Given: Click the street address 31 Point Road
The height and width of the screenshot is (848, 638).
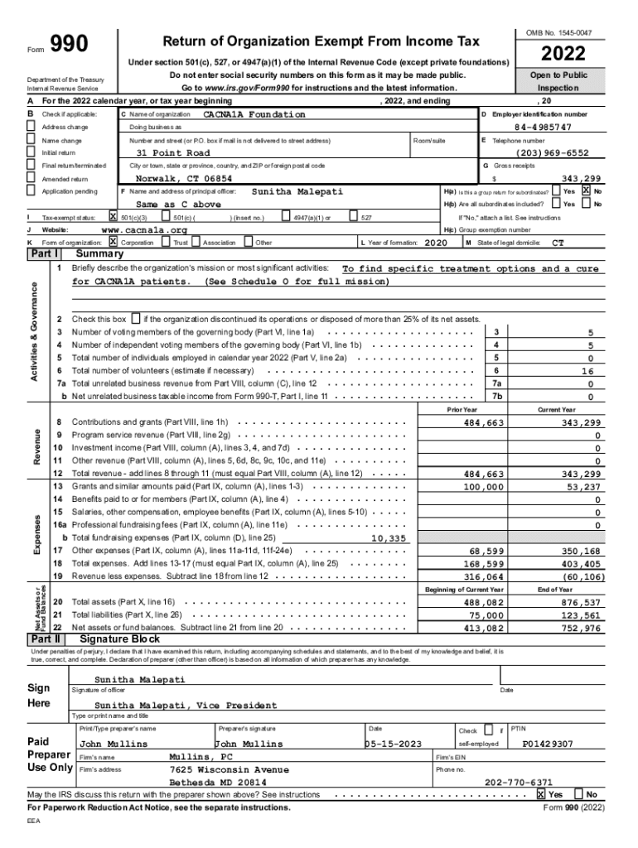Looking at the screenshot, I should pyautogui.click(x=173, y=153).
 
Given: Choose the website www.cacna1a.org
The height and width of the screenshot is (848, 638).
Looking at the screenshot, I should pyautogui.click(x=143, y=229).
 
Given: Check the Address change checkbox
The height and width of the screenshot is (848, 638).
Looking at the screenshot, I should pyautogui.click(x=31, y=128).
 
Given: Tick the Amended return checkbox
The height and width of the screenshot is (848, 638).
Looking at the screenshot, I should pyautogui.click(x=31, y=179).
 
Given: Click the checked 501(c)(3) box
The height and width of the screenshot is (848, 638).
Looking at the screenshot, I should pyautogui.click(x=114, y=217).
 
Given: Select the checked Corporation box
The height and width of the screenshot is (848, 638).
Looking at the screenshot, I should pyautogui.click(x=114, y=242).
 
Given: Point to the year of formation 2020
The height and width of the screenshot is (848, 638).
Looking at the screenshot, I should pyautogui.click(x=436, y=243).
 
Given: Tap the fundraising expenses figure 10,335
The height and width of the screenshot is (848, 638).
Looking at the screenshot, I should pyautogui.click(x=389, y=538).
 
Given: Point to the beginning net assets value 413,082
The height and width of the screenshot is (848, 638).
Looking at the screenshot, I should pyautogui.click(x=483, y=629).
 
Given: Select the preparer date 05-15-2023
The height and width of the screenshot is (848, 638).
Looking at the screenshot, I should pyautogui.click(x=396, y=744).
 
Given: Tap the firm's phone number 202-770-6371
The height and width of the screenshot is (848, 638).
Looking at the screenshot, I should pyautogui.click(x=519, y=782).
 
